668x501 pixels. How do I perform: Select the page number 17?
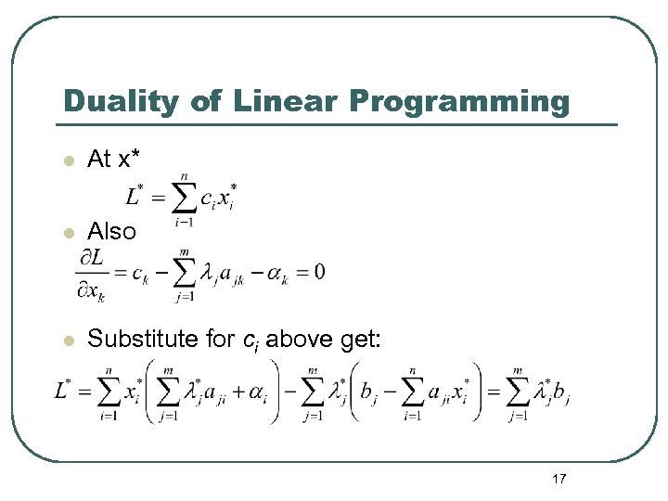point(559,479)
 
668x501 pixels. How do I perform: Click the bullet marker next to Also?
point(67,231)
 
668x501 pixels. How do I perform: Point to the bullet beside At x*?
point(67,161)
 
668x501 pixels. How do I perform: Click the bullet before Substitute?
point(67,340)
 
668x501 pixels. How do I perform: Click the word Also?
point(111,231)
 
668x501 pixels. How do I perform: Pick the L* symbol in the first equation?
point(135,196)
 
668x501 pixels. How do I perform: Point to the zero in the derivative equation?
point(319,273)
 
